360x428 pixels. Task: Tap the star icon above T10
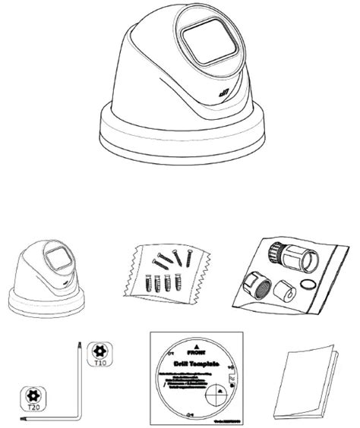pos(97,351)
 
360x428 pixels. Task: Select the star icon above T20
pos(33,395)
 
